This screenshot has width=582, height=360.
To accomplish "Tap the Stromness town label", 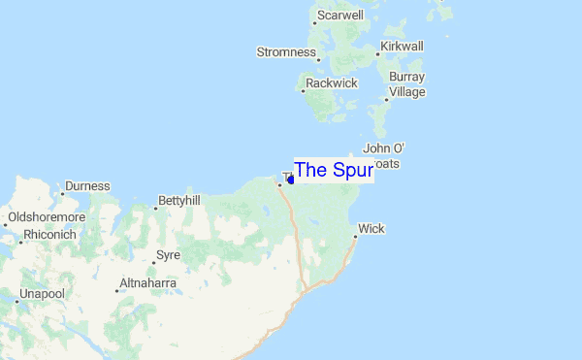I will click(286, 51).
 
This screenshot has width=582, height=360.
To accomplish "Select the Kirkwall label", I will click(403, 46).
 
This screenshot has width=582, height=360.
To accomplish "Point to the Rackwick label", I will click(332, 83).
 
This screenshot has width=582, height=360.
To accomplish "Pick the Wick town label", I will click(372, 229).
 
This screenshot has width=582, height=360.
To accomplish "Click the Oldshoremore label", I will click(47, 217).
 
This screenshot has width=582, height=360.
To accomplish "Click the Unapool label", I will click(43, 293).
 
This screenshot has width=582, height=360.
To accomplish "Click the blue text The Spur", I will click(333, 170).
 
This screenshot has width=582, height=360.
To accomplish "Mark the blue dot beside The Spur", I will click(291, 180).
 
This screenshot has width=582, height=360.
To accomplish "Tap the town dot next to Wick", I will click(355, 234).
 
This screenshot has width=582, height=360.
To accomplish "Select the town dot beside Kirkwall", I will click(378, 54).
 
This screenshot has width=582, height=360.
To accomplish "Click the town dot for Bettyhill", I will click(156, 208).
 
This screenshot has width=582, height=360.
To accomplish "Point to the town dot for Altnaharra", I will click(113, 289).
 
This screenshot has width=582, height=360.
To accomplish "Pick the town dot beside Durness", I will click(62, 192).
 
